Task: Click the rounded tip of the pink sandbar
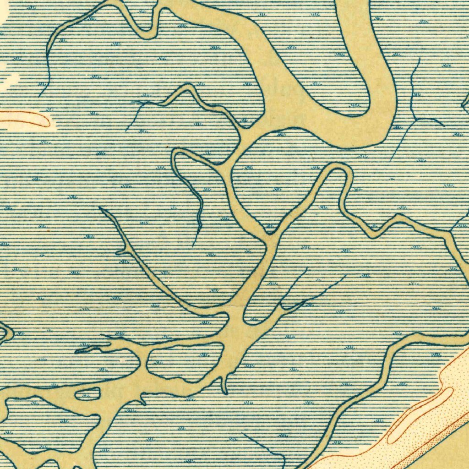tap(46, 121)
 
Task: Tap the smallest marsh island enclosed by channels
tap(87, 393)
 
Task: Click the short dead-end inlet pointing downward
tap(225, 387)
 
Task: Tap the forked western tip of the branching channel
tap(80, 351)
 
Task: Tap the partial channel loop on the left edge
tap(5, 332)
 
